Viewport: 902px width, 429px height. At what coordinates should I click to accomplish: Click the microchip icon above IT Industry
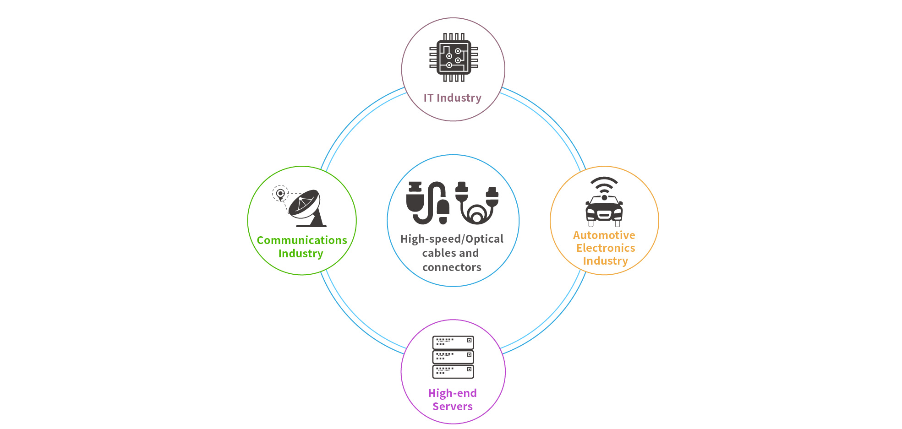454,57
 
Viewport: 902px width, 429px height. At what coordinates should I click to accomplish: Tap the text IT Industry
453,98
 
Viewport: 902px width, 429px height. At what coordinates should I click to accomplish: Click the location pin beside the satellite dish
280,194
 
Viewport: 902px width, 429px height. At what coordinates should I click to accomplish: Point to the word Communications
302,240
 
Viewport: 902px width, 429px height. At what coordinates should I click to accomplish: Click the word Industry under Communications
301,254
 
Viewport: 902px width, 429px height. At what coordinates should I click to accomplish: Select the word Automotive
604,235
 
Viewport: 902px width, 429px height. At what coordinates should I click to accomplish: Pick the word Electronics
606,248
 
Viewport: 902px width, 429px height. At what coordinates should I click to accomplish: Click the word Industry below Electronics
605,261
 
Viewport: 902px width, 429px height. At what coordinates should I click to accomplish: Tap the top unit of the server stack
453,342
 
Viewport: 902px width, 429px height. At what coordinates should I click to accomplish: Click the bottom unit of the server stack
453,371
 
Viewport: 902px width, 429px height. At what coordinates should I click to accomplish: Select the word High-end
453,393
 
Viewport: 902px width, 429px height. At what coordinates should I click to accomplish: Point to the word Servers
453,407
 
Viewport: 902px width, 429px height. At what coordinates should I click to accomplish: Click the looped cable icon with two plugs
477,203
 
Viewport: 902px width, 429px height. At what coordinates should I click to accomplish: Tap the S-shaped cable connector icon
428,203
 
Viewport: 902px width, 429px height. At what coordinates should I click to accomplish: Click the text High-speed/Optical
452,239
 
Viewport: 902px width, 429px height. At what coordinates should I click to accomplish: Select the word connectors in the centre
452,267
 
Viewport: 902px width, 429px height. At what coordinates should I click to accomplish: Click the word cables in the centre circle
437,253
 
